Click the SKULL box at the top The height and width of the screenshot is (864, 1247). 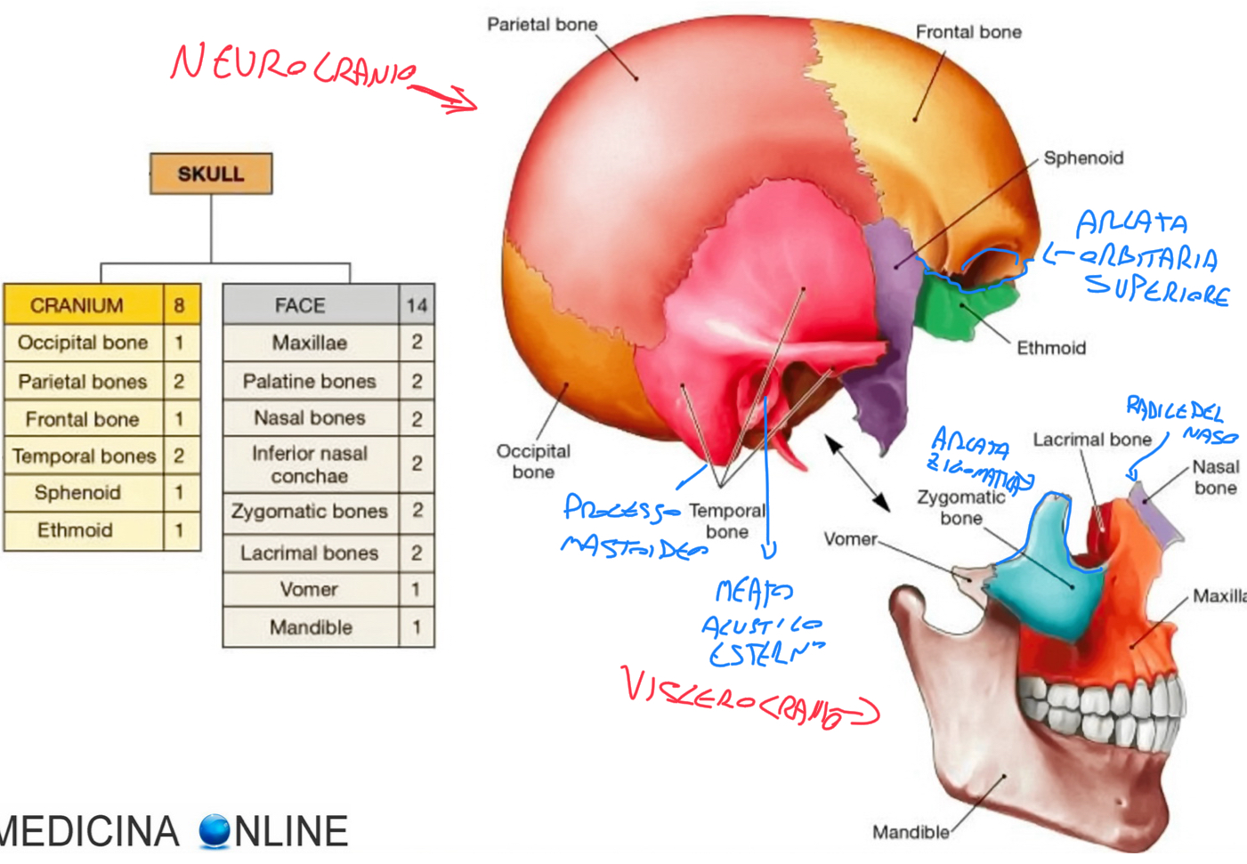point(211,174)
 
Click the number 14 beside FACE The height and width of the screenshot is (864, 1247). point(417,306)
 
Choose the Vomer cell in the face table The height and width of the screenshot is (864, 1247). point(310,589)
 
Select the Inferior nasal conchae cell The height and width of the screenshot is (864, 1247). point(310,464)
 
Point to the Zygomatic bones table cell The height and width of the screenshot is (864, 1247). point(310,512)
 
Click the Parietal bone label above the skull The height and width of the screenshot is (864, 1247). point(542,25)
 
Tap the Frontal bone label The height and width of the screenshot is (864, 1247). point(968,32)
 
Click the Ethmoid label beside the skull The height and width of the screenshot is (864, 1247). point(1051,348)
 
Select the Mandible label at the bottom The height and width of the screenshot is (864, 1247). point(910,833)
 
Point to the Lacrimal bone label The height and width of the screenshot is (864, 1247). point(1091,440)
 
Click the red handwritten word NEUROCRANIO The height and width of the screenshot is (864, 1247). point(294,68)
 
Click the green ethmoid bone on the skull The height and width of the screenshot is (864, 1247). point(948,307)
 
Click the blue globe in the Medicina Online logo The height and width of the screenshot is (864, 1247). point(215,830)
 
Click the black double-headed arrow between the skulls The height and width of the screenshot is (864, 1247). point(856,472)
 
